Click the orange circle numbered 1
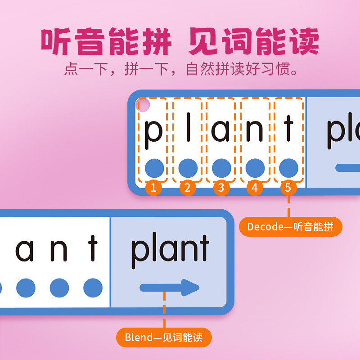(153, 188)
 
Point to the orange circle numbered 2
(188, 188)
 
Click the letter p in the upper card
(153, 129)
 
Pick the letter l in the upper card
(188, 127)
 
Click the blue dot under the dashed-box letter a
(221, 168)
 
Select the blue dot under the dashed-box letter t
(288, 168)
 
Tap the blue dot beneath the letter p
(154, 168)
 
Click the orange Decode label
(290, 227)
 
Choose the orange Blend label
(164, 337)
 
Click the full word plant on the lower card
(170, 250)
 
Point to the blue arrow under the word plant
(170, 287)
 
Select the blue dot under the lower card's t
(93, 288)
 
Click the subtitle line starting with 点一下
(182, 70)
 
